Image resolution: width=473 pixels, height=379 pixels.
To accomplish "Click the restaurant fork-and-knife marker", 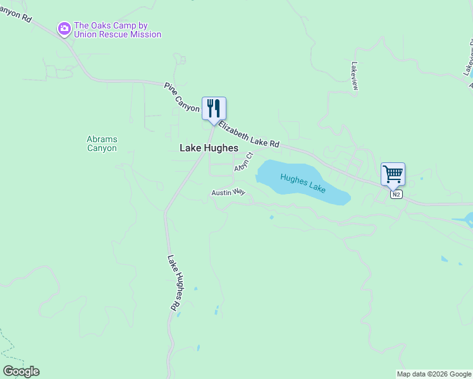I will point(214,109).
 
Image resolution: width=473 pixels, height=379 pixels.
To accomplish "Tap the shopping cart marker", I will point(393,174).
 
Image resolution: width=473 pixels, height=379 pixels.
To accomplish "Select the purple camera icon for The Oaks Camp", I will point(64,28).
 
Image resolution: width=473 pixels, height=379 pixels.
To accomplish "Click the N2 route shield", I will point(396,195).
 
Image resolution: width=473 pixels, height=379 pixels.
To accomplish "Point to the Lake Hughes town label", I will point(209,148).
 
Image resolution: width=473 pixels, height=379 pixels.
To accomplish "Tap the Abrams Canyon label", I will point(102,143).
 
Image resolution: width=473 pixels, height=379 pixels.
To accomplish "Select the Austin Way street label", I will point(228,192).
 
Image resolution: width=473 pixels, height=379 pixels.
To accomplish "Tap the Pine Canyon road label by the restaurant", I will point(181,100).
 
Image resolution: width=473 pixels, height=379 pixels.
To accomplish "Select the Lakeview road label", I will point(354,76).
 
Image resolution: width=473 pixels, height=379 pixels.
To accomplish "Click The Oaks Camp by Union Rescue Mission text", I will point(118,30).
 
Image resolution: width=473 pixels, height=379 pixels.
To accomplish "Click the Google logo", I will point(21,371).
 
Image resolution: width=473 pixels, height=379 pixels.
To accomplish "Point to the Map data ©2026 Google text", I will point(434,374).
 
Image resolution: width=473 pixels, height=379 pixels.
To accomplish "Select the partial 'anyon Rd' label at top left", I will point(16,11).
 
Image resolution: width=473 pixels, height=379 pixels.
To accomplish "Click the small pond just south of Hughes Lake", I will point(271,217).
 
